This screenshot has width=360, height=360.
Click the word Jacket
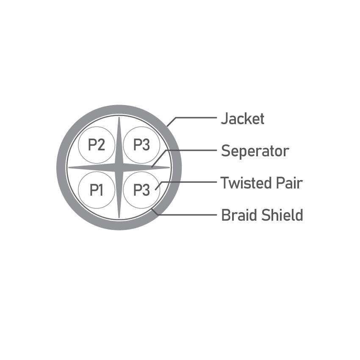(x=242, y=119)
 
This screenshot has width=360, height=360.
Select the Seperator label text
(x=255, y=151)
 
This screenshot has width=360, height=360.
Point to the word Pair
(x=289, y=183)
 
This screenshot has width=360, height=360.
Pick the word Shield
(x=282, y=215)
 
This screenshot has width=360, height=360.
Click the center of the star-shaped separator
(x=119, y=168)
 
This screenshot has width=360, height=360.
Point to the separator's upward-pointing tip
(x=119, y=117)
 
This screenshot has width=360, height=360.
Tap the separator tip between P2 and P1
(x=69, y=168)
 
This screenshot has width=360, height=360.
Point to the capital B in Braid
(x=226, y=215)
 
